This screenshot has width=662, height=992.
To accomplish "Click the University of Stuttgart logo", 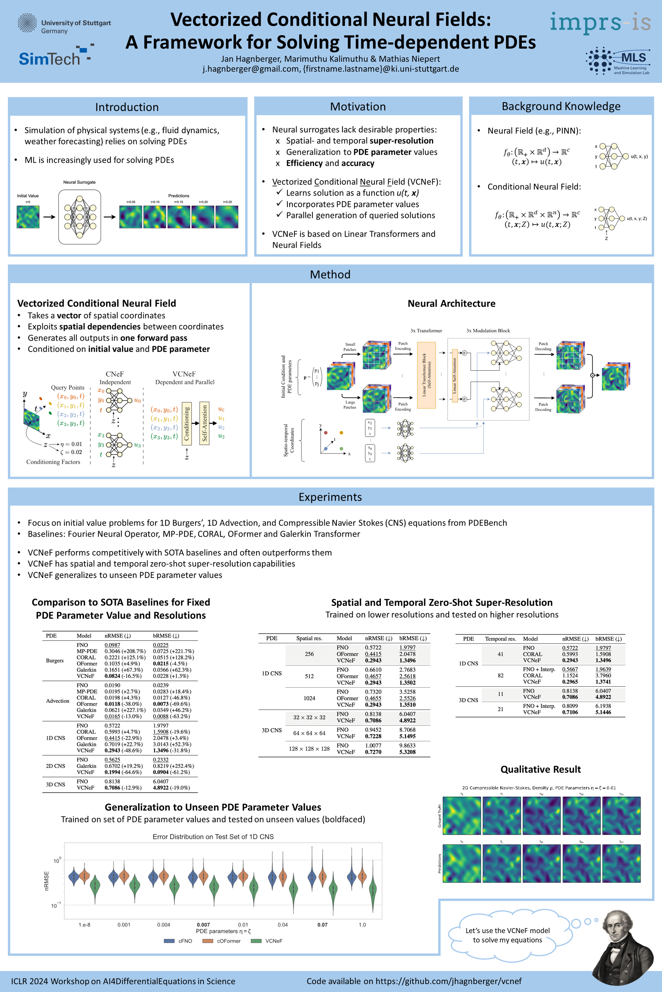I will coord(64,24).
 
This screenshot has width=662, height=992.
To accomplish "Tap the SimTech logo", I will coord(56,56).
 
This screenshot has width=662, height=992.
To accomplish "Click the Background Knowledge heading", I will coord(561,106).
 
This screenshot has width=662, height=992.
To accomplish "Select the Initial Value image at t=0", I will coord(28,217).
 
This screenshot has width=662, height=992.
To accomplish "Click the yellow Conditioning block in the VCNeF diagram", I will coord(187,423).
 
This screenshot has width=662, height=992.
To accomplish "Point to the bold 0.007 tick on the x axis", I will coord(203,925).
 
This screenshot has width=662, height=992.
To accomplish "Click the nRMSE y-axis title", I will coord(47,881).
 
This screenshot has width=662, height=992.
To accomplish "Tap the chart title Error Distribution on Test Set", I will coord(213,837).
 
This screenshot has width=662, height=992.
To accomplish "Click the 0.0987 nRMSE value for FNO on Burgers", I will coord(112,645).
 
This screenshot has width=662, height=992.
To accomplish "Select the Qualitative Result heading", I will coord(540,769).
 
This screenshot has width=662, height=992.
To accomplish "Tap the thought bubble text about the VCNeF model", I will coord(508,935).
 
